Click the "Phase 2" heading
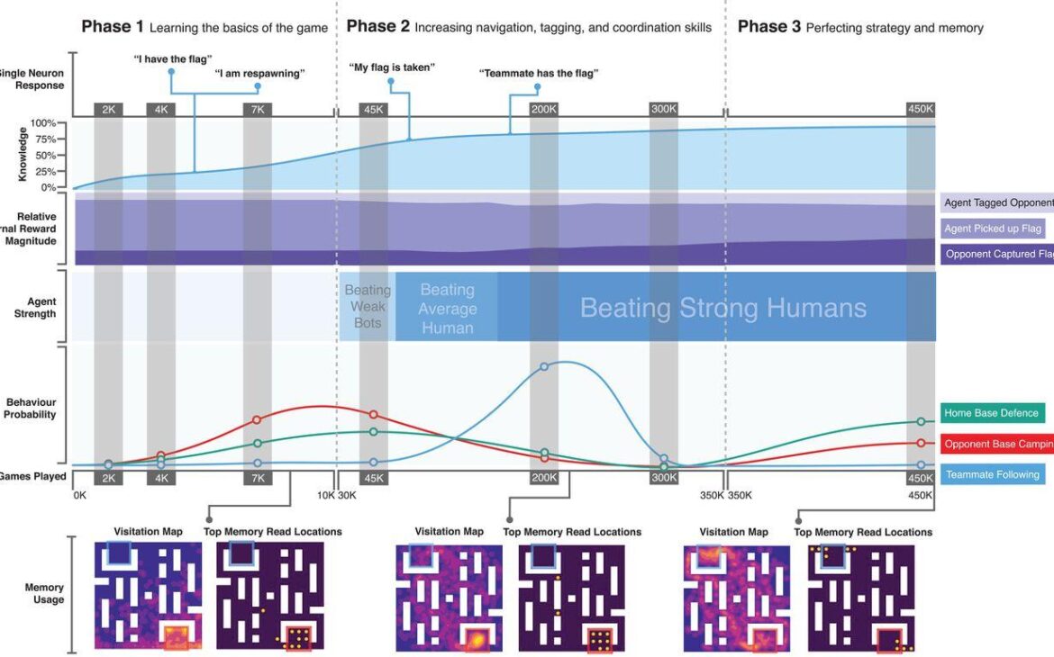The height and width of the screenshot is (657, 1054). pos(377,27)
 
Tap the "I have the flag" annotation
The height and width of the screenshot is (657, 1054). pos(172,58)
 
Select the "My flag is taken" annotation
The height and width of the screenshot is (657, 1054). pos(392,67)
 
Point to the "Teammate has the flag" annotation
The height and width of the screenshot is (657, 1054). pos(539,74)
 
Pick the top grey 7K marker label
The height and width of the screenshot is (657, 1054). pos(257,109)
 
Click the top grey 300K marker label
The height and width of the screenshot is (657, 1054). pos(663,109)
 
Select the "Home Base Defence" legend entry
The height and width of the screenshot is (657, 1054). pos(993,413)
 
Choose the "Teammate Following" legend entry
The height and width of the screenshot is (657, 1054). pos(993,474)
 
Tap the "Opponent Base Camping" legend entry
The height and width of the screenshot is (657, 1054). pos(997,444)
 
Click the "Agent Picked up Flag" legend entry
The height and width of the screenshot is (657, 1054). pos(993,229)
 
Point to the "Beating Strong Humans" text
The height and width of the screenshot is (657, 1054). pos(722,309)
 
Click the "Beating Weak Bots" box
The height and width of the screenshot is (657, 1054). pos(368,307)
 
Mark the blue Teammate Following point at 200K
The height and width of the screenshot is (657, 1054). pos(544,366)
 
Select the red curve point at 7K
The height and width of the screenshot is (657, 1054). pos(257,419)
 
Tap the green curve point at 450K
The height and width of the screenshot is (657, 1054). pos(921,421)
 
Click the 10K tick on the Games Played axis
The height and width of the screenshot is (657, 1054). pos(325,495)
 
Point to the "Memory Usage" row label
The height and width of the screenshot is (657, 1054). pos(44,593)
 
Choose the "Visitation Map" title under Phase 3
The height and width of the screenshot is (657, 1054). pos(734,532)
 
